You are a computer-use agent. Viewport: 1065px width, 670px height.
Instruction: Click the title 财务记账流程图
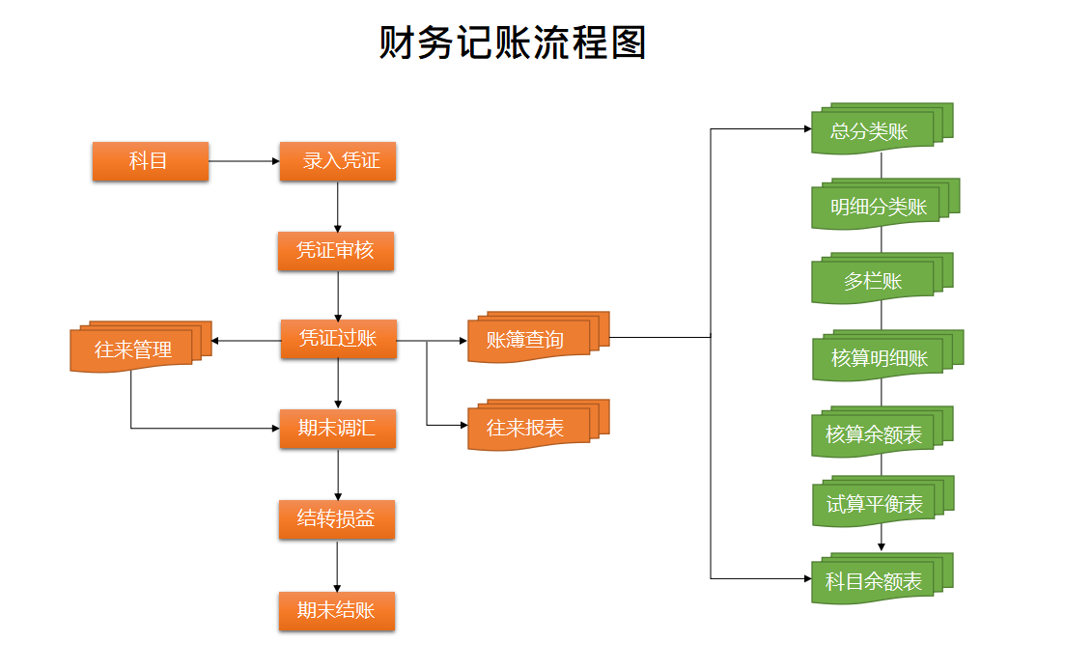pyautogui.click(x=512, y=43)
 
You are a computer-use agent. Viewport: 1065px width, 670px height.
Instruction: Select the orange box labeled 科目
pyautogui.click(x=150, y=161)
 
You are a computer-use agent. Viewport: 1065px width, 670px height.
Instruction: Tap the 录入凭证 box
pyautogui.click(x=338, y=161)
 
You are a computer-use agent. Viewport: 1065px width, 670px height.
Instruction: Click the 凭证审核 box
pyautogui.click(x=336, y=251)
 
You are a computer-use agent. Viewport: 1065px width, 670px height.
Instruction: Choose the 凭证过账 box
pyautogui.click(x=338, y=339)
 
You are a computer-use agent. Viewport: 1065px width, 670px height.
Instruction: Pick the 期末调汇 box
pyautogui.click(x=337, y=429)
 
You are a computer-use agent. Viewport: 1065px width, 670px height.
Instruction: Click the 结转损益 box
pyautogui.click(x=337, y=519)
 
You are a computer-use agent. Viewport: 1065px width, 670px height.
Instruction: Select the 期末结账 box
pyautogui.click(x=337, y=611)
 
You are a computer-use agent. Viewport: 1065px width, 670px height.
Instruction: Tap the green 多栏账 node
pyautogui.click(x=873, y=281)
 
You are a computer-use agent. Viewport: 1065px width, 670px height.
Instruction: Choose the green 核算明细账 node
pyautogui.click(x=879, y=358)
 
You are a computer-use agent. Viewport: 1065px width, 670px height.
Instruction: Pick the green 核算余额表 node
pyautogui.click(x=874, y=434)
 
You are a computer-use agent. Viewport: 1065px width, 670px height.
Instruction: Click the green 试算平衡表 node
pyautogui.click(x=874, y=504)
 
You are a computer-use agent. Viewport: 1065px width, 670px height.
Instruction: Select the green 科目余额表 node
pyautogui.click(x=874, y=581)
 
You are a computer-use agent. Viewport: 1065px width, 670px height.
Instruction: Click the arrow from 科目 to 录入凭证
pyautogui.click(x=243, y=161)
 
